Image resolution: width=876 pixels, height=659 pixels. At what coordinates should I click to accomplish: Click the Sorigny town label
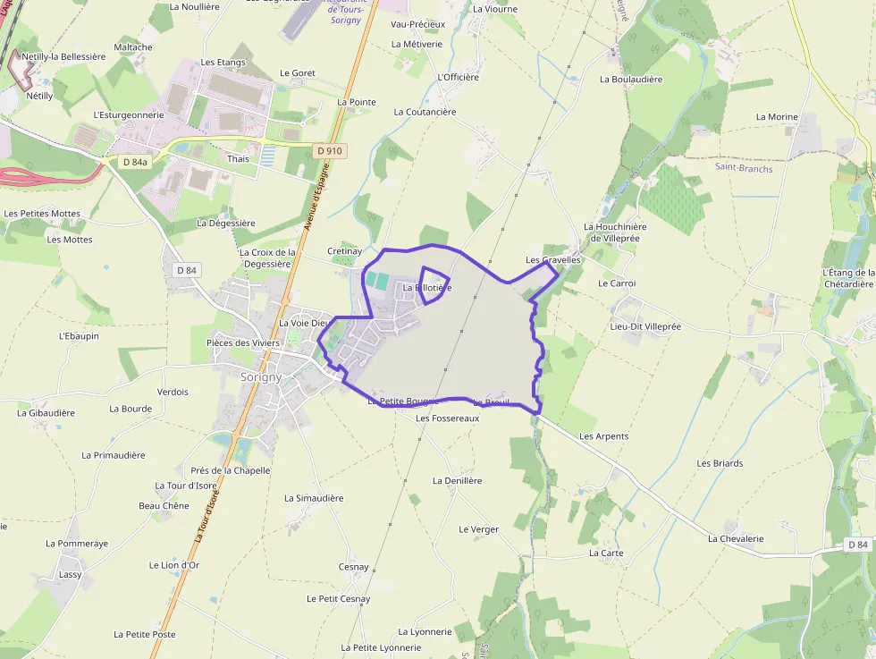coord(261,377)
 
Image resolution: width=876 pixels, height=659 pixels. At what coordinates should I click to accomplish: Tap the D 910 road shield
coord(329,151)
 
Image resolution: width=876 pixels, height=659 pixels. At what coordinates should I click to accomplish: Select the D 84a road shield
coord(135,162)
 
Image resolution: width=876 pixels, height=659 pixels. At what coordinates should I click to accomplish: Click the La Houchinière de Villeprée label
coord(615,232)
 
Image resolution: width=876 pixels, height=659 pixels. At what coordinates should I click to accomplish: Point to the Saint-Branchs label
coord(744,167)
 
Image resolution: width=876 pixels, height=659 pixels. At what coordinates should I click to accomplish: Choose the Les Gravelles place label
coord(553,260)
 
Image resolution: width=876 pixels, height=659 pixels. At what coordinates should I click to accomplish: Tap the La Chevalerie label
coord(736,538)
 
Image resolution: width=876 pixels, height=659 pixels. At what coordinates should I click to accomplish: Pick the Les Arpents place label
coord(604,436)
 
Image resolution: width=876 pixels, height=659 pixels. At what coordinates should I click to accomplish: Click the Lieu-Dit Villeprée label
coord(645,326)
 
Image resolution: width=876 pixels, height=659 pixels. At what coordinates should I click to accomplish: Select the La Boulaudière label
coord(631,79)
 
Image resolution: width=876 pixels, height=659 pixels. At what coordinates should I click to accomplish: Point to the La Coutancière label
coord(425,112)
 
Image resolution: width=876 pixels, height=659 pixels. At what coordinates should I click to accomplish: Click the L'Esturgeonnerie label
coord(129,114)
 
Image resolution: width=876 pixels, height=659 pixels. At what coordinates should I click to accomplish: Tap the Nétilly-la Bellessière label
coord(63,56)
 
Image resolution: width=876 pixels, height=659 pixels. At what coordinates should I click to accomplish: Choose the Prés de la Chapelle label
coord(230,470)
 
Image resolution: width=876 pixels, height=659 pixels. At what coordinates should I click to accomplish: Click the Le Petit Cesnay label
coord(338,599)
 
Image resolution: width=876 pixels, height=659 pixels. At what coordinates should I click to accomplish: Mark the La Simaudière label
coord(314,498)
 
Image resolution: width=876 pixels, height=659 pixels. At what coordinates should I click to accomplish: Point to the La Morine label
coord(777,117)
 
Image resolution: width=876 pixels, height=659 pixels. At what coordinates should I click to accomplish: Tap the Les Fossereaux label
coord(448,418)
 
